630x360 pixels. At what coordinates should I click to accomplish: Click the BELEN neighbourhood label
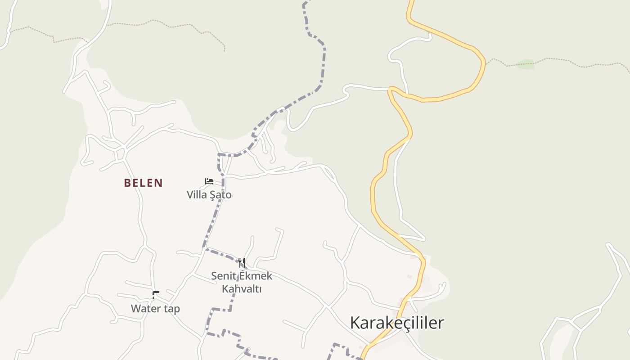(143, 183)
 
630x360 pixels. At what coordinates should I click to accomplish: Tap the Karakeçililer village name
(397, 323)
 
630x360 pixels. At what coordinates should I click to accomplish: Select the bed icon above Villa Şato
(209, 181)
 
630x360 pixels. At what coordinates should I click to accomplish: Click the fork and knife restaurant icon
(242, 262)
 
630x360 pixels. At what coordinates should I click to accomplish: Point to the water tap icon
(155, 295)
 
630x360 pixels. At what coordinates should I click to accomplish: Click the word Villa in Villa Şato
(197, 195)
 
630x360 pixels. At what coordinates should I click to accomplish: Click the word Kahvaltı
(242, 288)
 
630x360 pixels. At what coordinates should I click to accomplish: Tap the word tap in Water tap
(171, 309)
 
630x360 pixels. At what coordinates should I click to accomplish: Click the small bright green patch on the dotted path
(525, 64)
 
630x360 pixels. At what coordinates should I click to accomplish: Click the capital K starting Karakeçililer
(355, 323)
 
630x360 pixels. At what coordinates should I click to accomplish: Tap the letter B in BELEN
(127, 183)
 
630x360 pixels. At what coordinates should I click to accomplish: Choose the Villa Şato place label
(209, 195)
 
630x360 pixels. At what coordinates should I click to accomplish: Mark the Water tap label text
(155, 309)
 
